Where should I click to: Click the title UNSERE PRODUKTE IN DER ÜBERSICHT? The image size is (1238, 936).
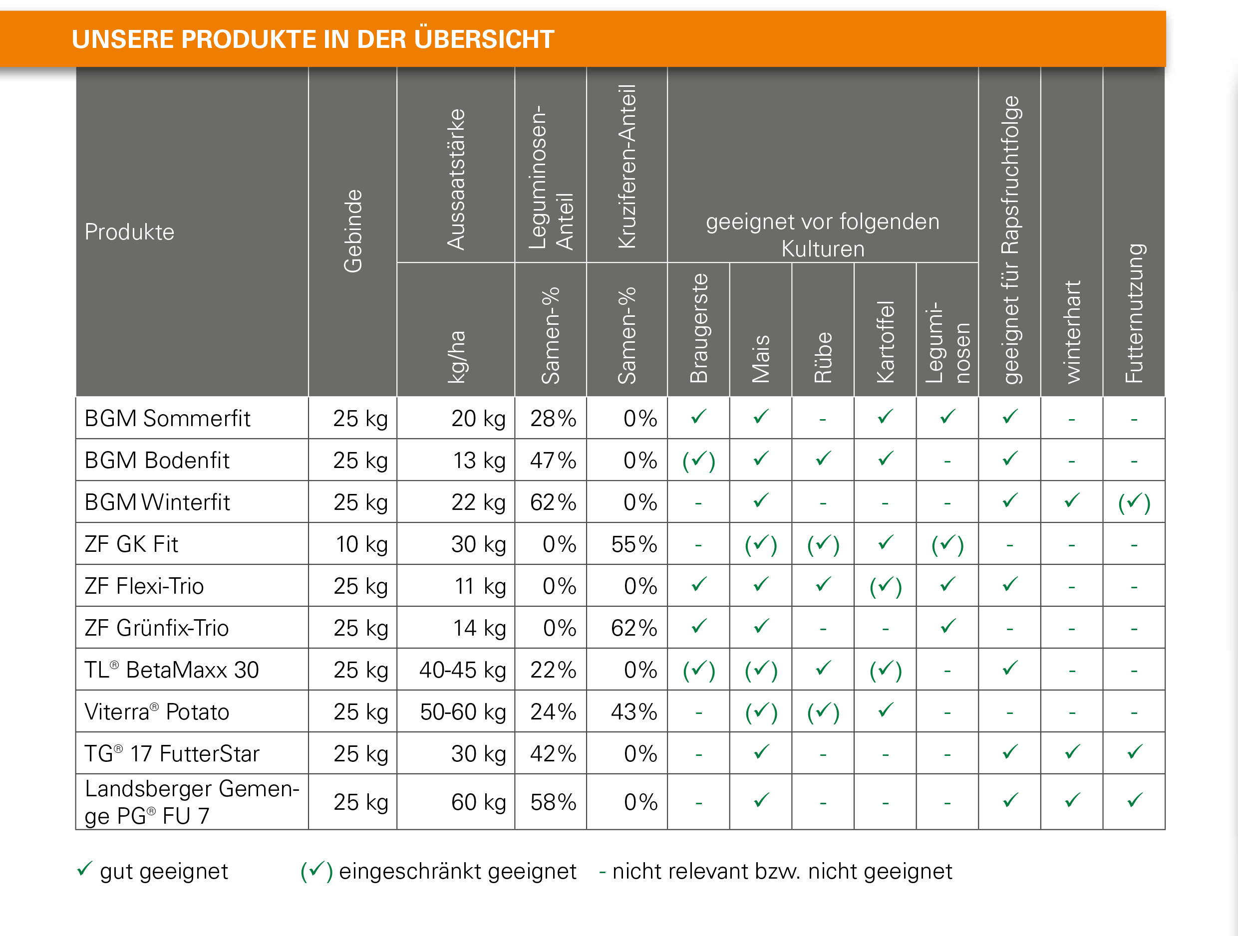(x=312, y=39)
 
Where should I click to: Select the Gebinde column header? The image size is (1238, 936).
(x=353, y=231)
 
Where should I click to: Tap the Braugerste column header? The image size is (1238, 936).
(x=699, y=328)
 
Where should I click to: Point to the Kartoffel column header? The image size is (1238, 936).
(x=886, y=342)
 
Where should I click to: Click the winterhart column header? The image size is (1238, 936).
(x=1072, y=332)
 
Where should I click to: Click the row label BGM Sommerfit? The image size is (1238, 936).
(x=167, y=419)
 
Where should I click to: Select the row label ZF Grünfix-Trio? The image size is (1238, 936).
(x=157, y=628)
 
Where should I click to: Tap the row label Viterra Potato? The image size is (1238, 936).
(x=157, y=711)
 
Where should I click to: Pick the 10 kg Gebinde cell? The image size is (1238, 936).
(x=361, y=544)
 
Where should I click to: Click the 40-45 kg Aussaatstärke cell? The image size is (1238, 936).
(x=462, y=670)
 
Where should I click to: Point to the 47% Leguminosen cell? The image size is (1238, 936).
(x=553, y=461)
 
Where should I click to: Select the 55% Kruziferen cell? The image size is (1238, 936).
(x=633, y=544)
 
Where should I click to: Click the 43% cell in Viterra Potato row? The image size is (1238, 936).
(x=633, y=711)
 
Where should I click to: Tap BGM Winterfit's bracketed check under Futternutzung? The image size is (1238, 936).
(x=1134, y=502)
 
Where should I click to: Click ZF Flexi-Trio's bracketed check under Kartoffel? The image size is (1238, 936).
(x=886, y=586)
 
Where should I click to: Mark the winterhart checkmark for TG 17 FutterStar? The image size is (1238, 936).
(x=1072, y=752)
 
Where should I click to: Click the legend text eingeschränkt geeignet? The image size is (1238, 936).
(x=457, y=871)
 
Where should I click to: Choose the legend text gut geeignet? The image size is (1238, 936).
(x=163, y=871)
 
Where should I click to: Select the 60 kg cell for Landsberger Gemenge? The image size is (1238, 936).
(x=479, y=802)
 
